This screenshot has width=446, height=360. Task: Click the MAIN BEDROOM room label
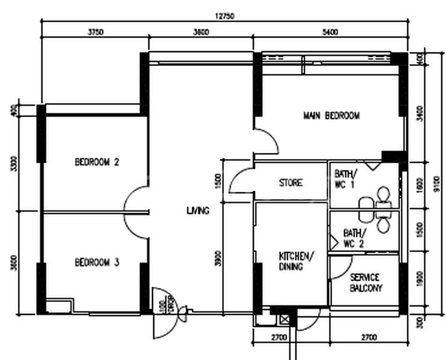coord(331,116)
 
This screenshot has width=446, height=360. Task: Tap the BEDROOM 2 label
coord(97,162)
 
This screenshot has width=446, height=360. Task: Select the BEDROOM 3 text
coord(97,262)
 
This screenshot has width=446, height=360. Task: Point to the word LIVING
coord(197,211)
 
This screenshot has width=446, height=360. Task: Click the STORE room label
coord(291,182)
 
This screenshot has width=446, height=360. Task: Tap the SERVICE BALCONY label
coord(366,283)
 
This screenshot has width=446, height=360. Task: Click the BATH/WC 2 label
coord(353,238)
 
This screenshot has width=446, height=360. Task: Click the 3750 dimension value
coord(95,32)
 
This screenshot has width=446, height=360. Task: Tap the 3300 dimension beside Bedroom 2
coord(14,163)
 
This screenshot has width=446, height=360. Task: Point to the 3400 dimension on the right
coord(420,112)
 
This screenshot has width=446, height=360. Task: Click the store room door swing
coord(241,181)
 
